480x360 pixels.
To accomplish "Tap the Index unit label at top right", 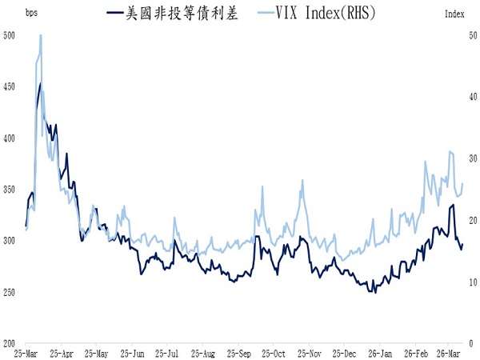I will tap(454, 14).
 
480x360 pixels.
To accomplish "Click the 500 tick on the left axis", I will tap(10, 35).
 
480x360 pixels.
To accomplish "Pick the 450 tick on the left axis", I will tap(10, 86).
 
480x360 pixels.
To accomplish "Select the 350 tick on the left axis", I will tap(10, 190).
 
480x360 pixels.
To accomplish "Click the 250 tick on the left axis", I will tap(10, 293).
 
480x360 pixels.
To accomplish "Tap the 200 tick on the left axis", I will tap(10, 344).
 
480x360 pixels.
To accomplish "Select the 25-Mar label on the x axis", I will tap(27, 353).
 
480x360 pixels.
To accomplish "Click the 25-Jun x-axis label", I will tap(132, 353).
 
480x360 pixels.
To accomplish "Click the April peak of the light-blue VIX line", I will tap(40, 35).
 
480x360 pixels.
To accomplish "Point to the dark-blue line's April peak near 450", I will tap(40, 84).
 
